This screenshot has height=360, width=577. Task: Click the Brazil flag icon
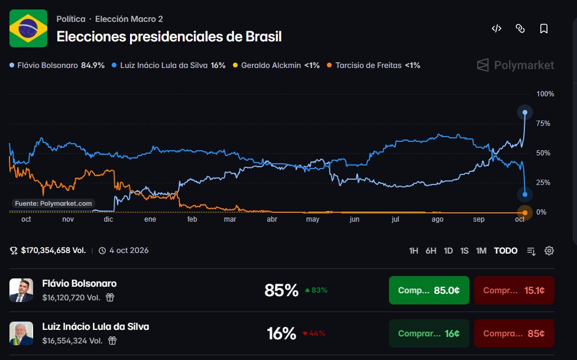pos(28,28)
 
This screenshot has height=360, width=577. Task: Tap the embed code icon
pos(497,28)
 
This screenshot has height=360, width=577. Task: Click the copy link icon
pos(520,28)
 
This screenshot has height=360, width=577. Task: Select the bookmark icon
pos(543,28)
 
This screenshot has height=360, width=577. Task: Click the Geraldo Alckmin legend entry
pos(276,66)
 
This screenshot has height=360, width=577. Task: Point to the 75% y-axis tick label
pos(543,124)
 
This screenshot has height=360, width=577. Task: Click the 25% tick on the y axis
pos(543,183)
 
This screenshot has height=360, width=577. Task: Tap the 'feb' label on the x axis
pos(192,219)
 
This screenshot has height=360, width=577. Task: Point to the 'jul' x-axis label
pos(396,219)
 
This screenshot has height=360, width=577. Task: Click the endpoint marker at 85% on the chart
pos(525,112)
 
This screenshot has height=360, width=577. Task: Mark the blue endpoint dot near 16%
pos(525,194)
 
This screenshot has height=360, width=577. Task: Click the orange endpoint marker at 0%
pos(525,213)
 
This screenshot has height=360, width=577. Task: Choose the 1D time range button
pos(448,251)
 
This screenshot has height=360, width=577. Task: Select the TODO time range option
pos(505,251)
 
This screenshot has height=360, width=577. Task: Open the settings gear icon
pos(549,251)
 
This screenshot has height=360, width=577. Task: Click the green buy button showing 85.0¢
pos(429,290)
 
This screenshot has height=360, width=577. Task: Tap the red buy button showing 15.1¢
pos(514,290)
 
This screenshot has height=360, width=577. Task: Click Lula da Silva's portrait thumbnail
pos(21,333)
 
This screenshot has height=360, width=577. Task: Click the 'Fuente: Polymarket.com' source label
pos(53,203)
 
